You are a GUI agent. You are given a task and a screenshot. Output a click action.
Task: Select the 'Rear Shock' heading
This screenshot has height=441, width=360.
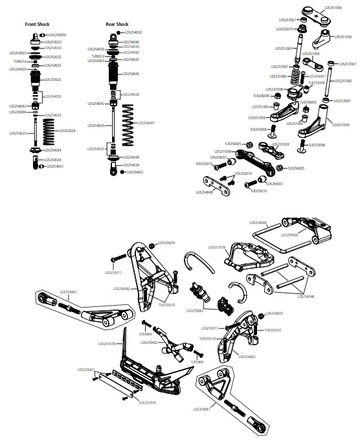coord(117,25)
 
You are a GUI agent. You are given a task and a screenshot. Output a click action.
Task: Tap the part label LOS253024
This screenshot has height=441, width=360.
coord(67,131)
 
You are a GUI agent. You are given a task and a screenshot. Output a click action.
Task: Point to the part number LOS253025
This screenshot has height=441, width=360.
coord(19,133)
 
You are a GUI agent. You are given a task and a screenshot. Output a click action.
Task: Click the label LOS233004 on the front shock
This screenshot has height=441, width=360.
coord(17,111)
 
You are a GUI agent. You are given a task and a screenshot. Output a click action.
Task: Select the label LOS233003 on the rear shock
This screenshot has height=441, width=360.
coord(96,60)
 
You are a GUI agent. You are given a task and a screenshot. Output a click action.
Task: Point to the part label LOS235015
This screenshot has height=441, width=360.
coord(284,29)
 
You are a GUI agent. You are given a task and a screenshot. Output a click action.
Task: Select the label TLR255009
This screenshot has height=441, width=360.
coord(317,82)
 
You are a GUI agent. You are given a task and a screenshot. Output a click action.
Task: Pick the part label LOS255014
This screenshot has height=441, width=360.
coord(243,174)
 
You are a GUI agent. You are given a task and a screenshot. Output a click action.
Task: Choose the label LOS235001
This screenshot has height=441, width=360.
coord(85,370)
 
